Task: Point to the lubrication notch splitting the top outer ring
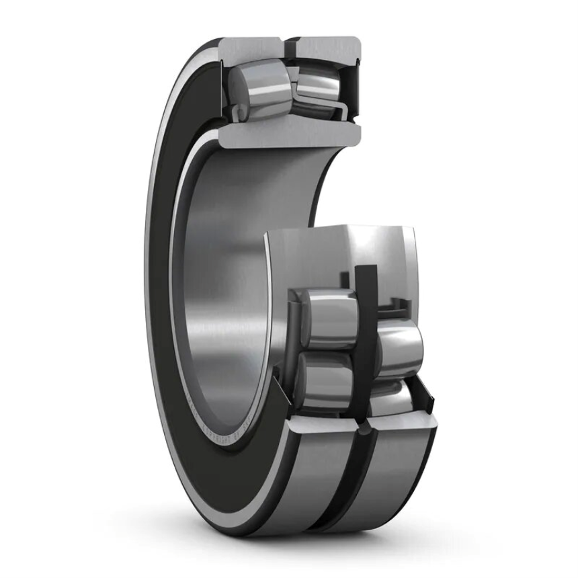click(290, 49)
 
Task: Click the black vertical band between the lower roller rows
click(366, 336)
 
